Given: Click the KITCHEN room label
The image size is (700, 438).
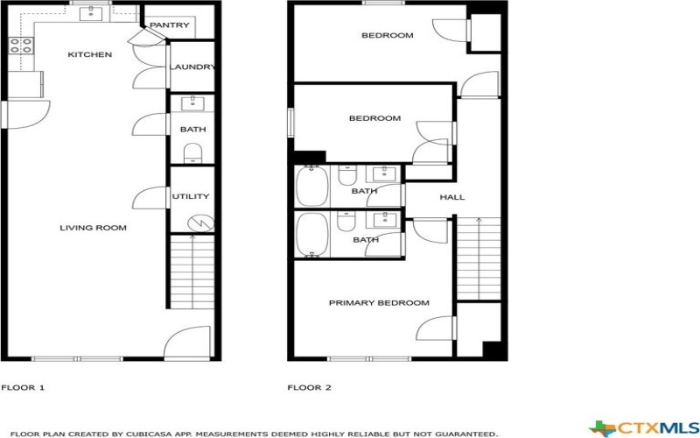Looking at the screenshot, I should [90, 55].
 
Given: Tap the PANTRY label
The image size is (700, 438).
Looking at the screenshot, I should [169, 25].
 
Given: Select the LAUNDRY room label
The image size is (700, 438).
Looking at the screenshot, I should [192, 67].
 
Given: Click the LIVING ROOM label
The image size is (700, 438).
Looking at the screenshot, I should [93, 229].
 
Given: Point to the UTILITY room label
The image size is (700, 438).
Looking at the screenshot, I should [190, 197].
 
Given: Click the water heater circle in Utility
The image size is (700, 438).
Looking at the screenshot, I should [201, 223].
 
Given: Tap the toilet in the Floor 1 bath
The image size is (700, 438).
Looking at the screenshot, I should [192, 155].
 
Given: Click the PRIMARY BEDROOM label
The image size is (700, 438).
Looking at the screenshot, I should [379, 303].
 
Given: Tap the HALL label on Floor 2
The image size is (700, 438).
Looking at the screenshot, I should [451, 197].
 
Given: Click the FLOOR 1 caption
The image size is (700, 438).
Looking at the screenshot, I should [23, 386].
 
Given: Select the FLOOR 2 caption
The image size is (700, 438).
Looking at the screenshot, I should [310, 386].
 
